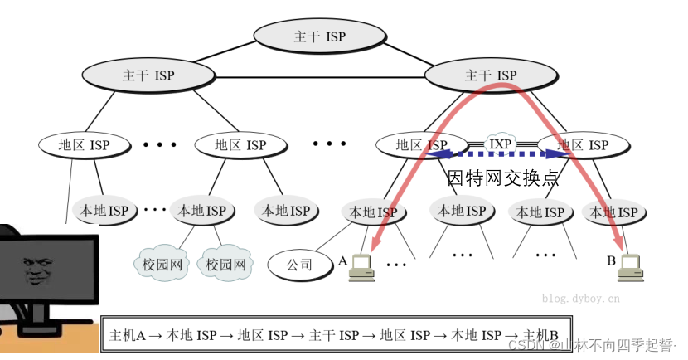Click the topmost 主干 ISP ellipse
click(x=319, y=36)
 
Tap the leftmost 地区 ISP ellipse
click(x=84, y=145)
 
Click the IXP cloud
click(x=501, y=144)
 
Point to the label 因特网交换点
click(x=502, y=178)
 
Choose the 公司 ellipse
click(x=299, y=265)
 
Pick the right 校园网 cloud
click(x=226, y=265)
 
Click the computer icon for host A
click(x=361, y=265)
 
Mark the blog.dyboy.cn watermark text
click(x=580, y=297)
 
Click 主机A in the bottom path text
click(x=128, y=335)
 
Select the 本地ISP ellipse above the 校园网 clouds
click(x=199, y=211)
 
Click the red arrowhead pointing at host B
click(x=618, y=242)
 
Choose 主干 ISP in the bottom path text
click(x=334, y=335)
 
